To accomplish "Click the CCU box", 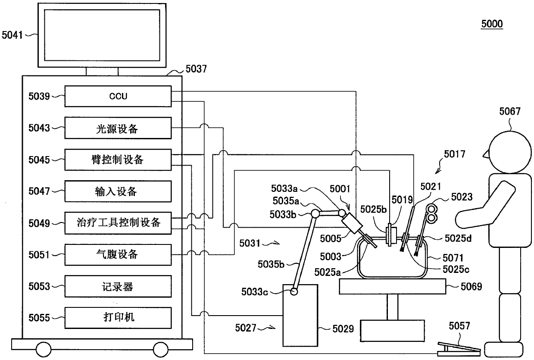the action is pos(118,96).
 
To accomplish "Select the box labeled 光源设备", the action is pos(118,128).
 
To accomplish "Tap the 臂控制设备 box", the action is pos(118,160).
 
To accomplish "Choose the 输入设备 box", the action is pos(118,191).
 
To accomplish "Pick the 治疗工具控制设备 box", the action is pos(118,223).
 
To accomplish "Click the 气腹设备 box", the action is pos(118,255).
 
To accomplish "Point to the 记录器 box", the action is pos(118,286).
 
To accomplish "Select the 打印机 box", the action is pos(118,318).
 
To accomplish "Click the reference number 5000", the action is pos(492,24).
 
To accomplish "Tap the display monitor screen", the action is pos(102,35).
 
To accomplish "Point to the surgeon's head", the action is pos(509,152).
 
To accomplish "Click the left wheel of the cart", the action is pos(44,350).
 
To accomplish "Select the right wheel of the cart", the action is pos(161,350).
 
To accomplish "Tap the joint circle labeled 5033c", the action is pos(294,291).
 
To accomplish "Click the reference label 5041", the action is pos(12,35).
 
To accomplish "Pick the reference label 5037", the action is pos(196,69).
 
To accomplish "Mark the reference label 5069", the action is pos(471,286).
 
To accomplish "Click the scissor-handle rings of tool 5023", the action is pos(431,213).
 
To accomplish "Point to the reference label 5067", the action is pos(510,111).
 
